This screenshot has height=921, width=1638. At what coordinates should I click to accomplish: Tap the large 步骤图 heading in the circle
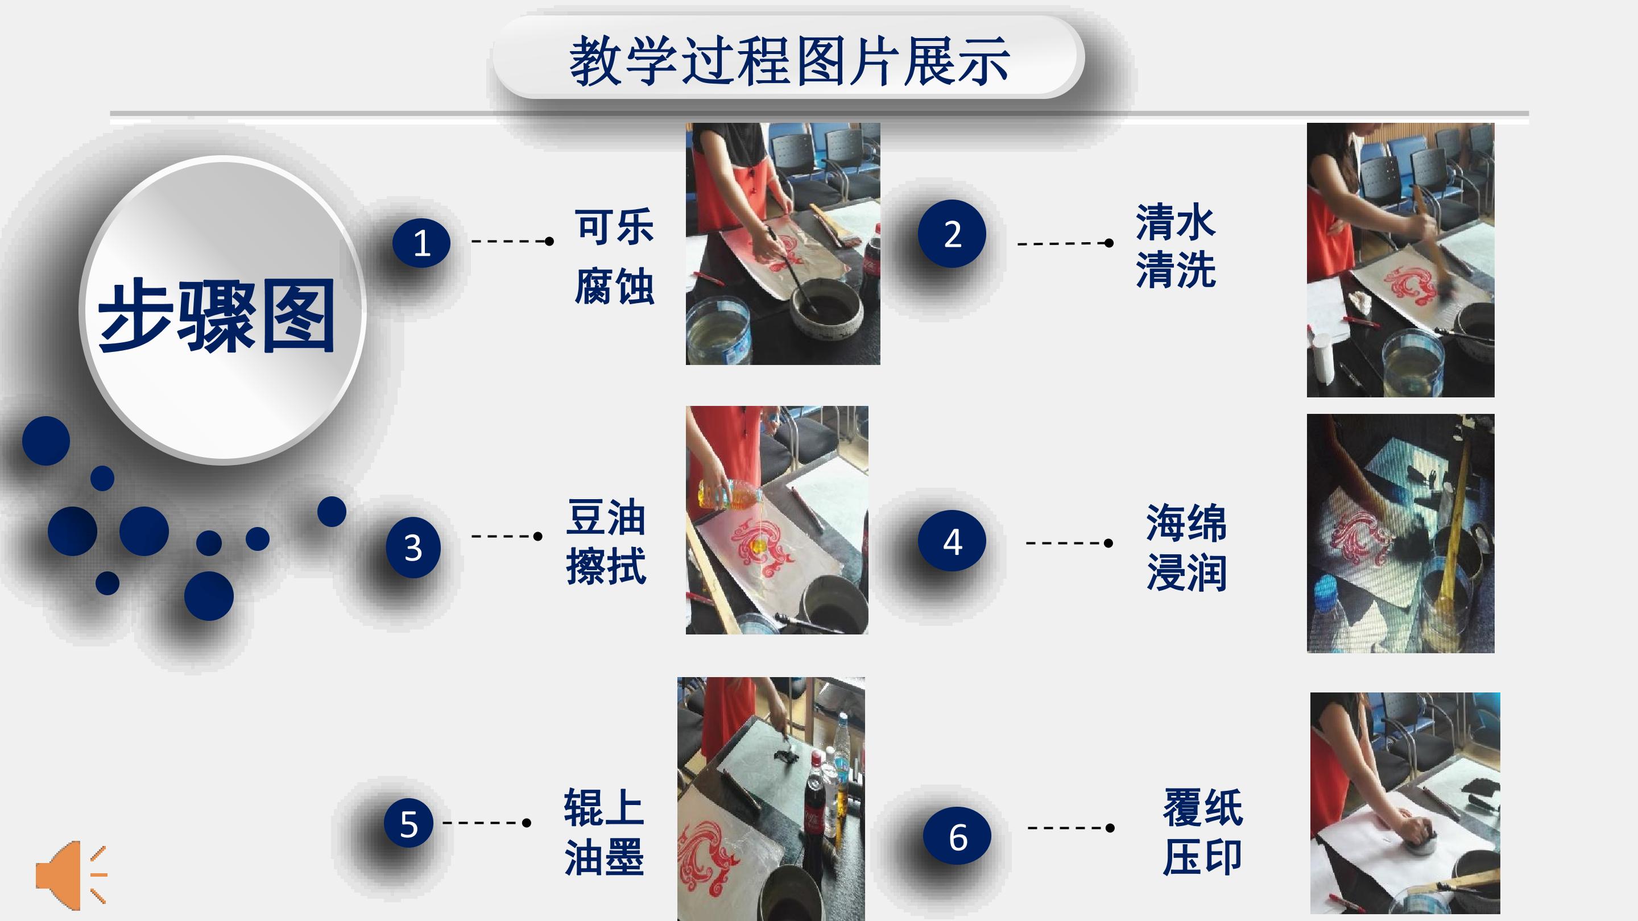[216, 316]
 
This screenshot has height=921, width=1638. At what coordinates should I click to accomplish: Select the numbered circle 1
[421, 243]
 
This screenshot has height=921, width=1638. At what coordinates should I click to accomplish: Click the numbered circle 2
[952, 234]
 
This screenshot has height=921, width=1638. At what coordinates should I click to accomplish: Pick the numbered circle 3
[413, 547]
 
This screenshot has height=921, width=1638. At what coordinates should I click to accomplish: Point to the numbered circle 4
[952, 541]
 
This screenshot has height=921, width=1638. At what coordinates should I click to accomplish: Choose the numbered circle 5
[409, 823]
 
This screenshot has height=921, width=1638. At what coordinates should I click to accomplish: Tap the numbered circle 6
[957, 836]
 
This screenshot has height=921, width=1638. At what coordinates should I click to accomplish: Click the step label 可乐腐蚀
[614, 256]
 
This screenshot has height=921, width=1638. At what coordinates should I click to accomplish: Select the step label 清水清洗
[1176, 246]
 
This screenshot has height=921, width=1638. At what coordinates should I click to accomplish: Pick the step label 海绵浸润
[1186, 547]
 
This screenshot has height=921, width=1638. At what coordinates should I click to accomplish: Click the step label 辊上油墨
[604, 832]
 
